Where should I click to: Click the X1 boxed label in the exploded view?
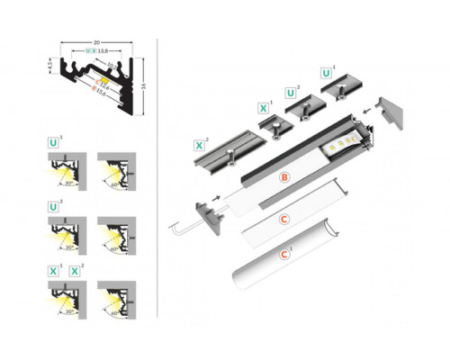tap(263, 109)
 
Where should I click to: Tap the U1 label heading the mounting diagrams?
tap(55, 142)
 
